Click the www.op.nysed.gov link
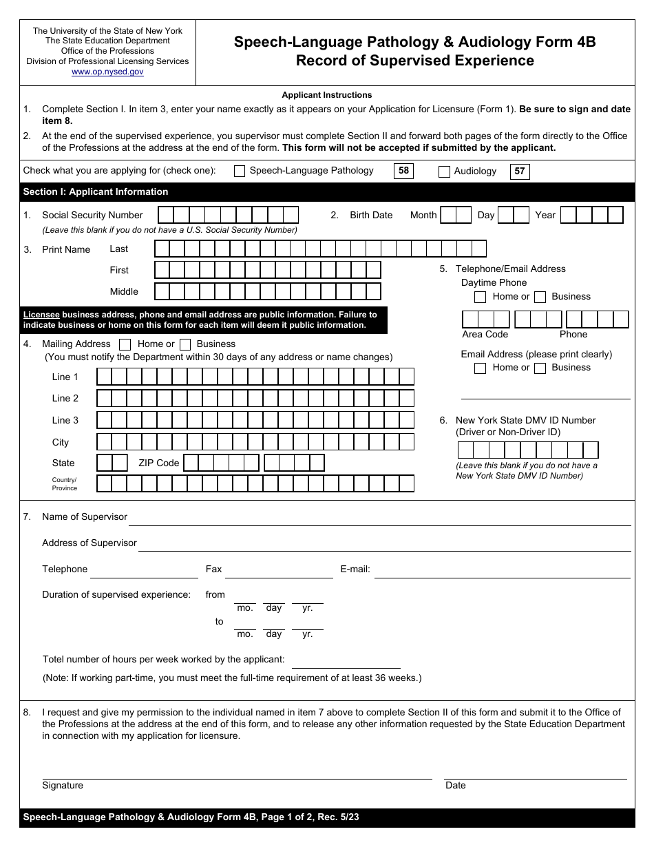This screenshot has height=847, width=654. pyautogui.click(x=107, y=72)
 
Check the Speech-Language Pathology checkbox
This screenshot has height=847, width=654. pyautogui.click(x=240, y=171)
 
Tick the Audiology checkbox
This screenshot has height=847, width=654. pyautogui.click(x=444, y=172)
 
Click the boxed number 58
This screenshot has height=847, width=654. pyautogui.click(x=403, y=171)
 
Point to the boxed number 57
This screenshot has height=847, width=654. pyautogui.click(x=520, y=171)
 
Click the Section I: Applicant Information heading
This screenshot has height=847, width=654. pyautogui.click(x=96, y=191)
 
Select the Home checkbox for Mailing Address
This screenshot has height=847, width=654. pyautogui.click(x=125, y=344)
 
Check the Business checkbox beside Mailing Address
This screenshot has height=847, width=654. pyautogui.click(x=185, y=344)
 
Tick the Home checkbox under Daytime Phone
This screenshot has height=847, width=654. pyautogui.click(x=481, y=297)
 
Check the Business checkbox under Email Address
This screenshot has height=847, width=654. pyautogui.click(x=540, y=368)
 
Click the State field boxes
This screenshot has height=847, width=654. pyautogui.click(x=112, y=463)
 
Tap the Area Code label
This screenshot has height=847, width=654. pyautogui.click(x=485, y=335)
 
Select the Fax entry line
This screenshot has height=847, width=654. pyautogui.click(x=279, y=571)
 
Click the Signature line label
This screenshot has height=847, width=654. pyautogui.click(x=63, y=786)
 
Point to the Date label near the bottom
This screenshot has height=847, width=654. pyautogui.click(x=456, y=786)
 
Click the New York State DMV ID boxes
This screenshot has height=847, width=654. pyautogui.click(x=528, y=450)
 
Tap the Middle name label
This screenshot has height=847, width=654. pyautogui.click(x=124, y=292)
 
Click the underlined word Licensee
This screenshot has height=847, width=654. pyautogui.click(x=41, y=315)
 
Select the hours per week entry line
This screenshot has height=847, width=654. pyautogui.click(x=346, y=661)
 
